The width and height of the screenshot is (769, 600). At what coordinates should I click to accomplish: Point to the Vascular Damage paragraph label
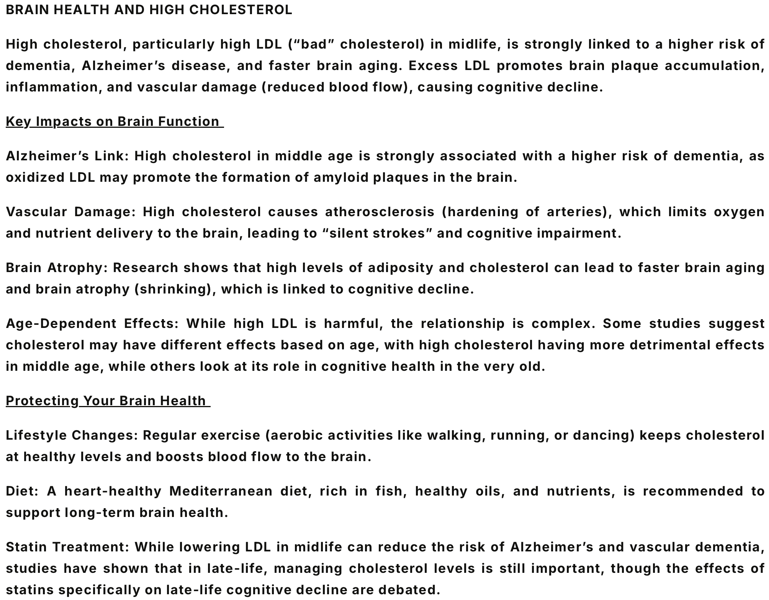(x=70, y=212)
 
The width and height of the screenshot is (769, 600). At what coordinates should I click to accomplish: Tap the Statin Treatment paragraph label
(x=67, y=547)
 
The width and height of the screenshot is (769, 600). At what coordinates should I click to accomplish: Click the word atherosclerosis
(x=380, y=212)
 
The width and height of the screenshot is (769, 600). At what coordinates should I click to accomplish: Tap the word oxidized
(x=35, y=178)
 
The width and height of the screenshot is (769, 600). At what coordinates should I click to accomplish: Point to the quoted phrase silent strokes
(x=377, y=233)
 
